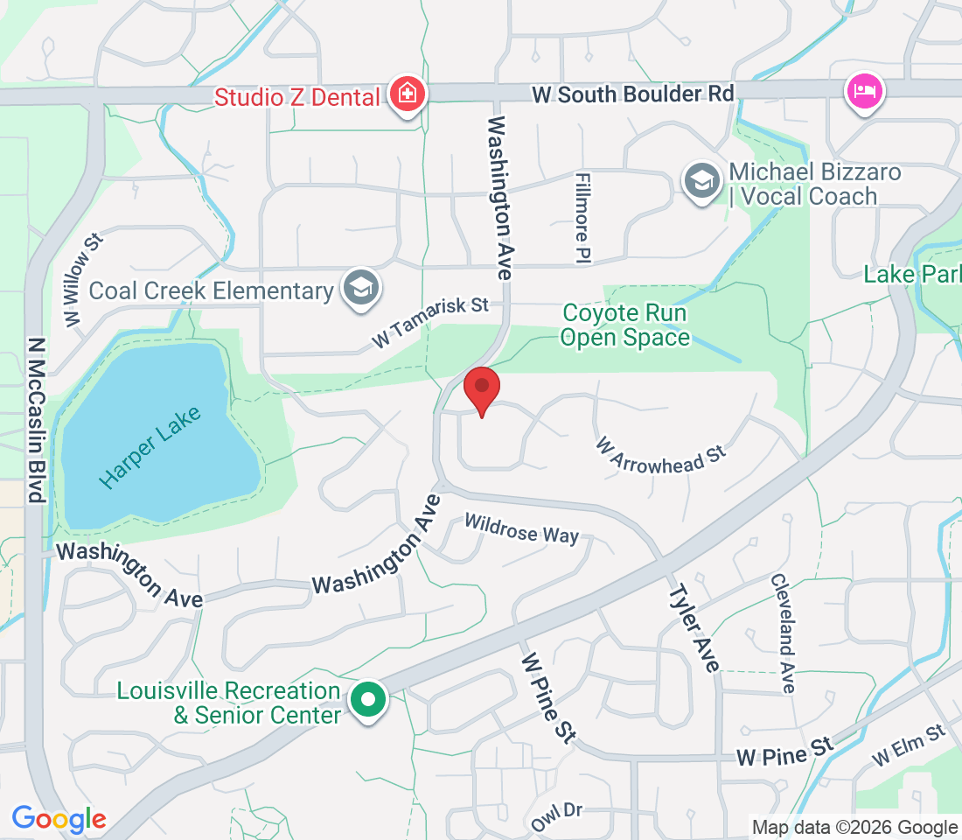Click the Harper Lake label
[x=150, y=447]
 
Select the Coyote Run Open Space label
[x=624, y=325]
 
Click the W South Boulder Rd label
[x=632, y=94]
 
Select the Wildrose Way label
[x=521, y=528]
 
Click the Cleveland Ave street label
[x=782, y=633]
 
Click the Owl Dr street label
[x=557, y=816]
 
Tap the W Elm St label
[x=910, y=744]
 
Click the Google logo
[x=59, y=819]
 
